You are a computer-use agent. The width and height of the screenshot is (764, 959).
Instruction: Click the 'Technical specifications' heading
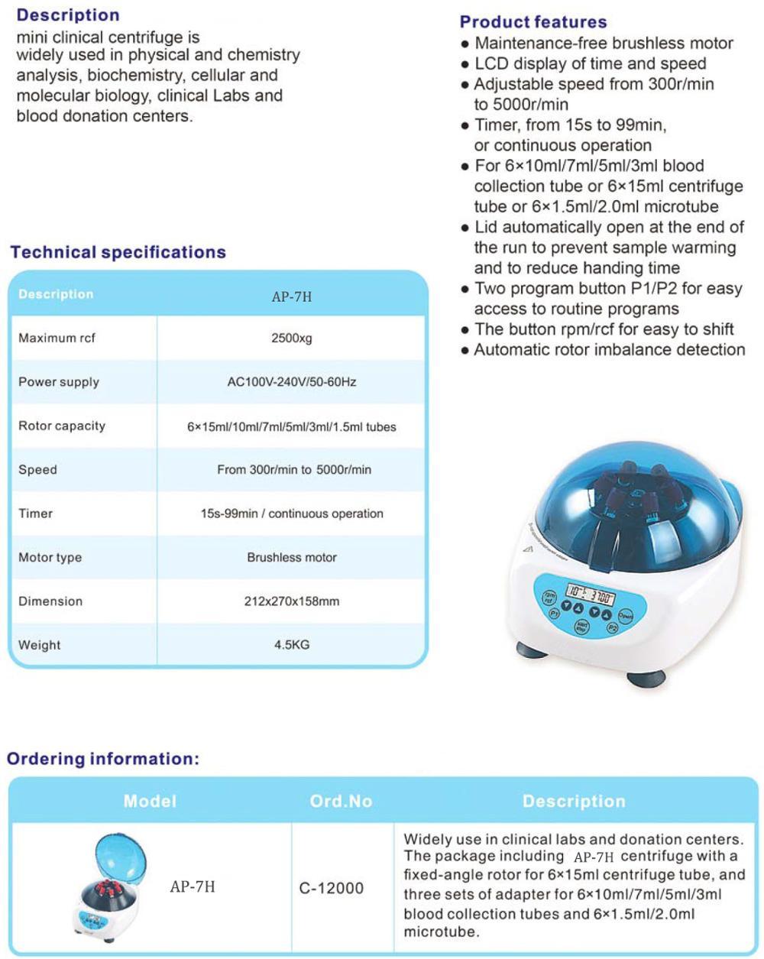coord(118,252)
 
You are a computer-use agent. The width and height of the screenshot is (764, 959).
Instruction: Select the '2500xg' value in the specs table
coord(292,338)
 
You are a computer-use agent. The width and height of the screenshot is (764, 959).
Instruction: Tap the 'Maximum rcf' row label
coord(57,338)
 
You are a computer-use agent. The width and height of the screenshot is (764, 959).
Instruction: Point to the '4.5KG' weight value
coord(292,645)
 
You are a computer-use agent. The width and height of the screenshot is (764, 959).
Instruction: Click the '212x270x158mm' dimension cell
coord(292,601)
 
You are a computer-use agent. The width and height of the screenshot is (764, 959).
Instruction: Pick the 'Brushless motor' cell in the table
coord(292,558)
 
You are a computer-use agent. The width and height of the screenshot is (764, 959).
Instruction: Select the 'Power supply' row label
coord(59,382)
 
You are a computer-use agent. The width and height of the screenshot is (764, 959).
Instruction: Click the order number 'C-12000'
coord(332,888)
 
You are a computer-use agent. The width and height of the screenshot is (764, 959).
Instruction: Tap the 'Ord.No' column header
coord(341,801)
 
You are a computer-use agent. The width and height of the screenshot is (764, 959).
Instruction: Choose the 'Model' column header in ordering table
coord(150,801)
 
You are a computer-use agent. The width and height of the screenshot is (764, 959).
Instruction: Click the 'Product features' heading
coord(533,22)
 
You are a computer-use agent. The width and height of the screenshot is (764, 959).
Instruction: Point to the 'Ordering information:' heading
coord(103,759)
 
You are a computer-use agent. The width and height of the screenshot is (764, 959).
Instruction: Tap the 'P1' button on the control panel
coord(555,613)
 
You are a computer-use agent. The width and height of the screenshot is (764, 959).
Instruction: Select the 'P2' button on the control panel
coord(612,627)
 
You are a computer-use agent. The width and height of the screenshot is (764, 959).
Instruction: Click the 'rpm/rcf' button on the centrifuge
coord(549,598)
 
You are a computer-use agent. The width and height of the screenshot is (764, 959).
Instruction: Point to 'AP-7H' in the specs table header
coord(292,296)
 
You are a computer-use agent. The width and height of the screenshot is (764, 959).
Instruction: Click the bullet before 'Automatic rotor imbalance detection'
coord(465,351)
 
